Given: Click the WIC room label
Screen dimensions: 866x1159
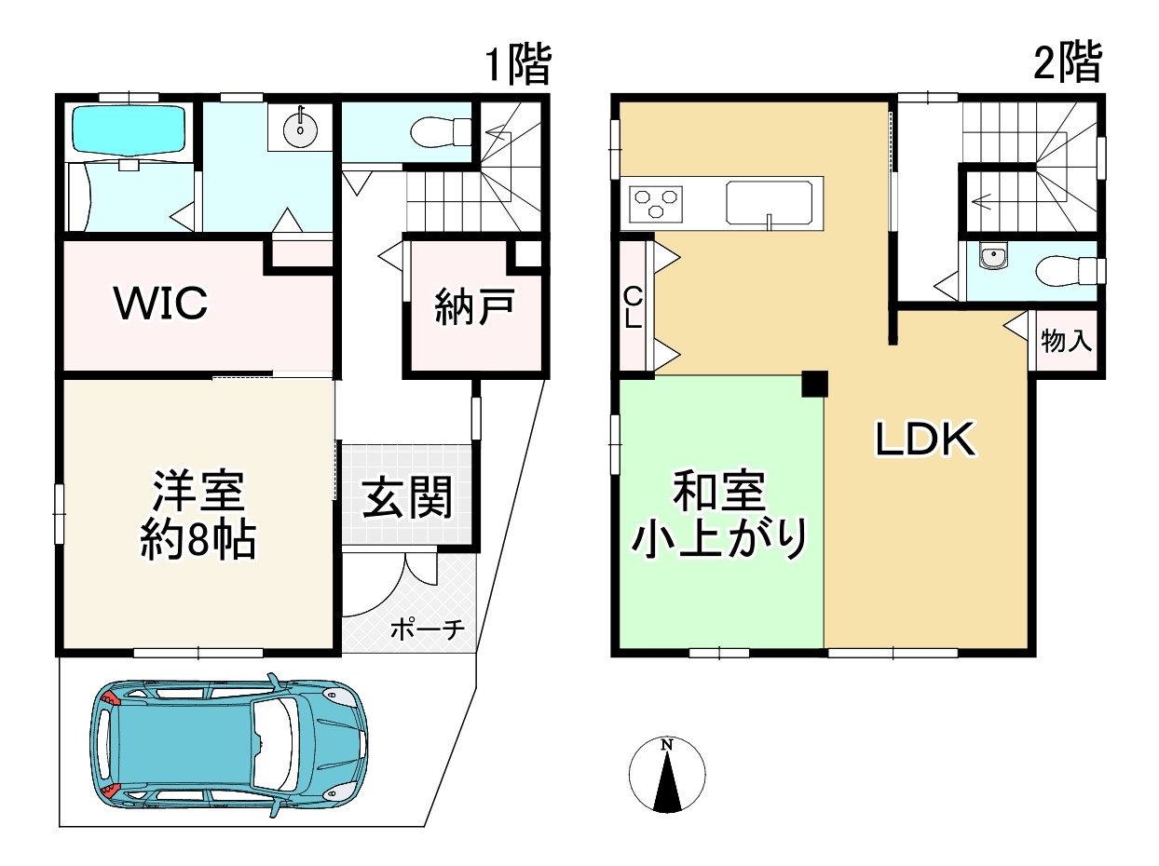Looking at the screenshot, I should click(x=160, y=304).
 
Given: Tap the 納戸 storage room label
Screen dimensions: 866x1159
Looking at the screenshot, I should click(x=474, y=308).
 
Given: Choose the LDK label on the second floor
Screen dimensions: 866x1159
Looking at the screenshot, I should click(x=925, y=440).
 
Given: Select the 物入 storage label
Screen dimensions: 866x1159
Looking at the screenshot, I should click(x=1066, y=342).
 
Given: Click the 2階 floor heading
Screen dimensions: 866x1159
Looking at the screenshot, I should click(x=1068, y=63).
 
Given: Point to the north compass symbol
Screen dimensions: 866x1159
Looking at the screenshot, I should click(x=667, y=775).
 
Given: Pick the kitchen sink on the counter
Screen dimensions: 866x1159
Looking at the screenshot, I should click(x=770, y=203).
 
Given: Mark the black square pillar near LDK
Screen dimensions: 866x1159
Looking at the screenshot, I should click(x=814, y=384).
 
